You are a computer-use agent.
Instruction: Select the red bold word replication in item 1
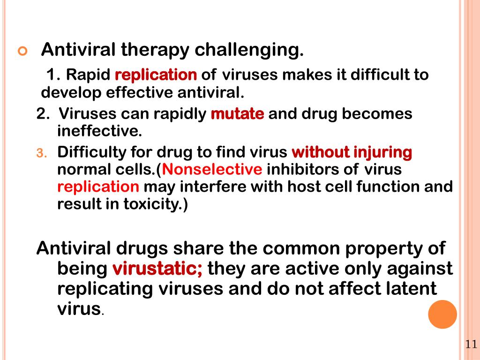point(156,75)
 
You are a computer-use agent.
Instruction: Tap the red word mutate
point(238,114)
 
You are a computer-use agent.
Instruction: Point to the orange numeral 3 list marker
point(40,153)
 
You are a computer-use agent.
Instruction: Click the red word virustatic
point(157,269)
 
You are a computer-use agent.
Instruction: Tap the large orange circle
point(442,314)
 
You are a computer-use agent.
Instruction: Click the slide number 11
point(471,345)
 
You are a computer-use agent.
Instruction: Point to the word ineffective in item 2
point(99,131)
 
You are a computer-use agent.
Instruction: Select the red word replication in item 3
point(98,187)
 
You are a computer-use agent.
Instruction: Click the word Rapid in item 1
point(88,75)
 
